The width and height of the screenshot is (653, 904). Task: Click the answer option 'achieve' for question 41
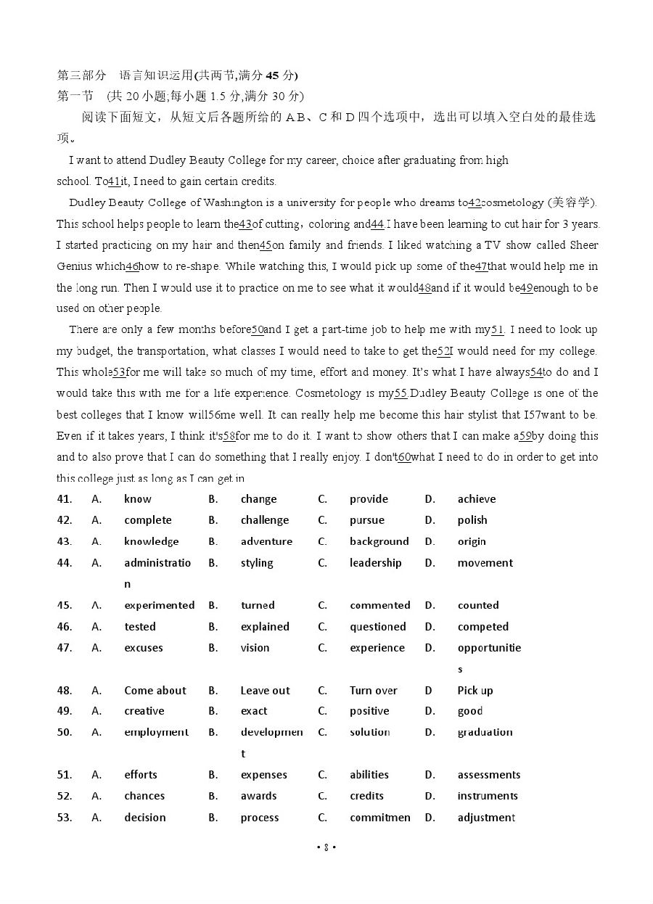[476, 499]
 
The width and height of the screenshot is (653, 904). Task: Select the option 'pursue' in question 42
[366, 520]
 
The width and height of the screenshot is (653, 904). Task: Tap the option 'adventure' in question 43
[266, 541]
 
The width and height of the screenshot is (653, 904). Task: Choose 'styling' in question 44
[257, 563]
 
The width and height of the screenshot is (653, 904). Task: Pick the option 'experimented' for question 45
[159, 605]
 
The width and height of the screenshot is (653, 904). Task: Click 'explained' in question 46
[265, 627]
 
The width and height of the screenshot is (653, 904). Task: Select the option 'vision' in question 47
[255, 648]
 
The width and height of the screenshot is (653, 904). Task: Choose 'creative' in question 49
[144, 711]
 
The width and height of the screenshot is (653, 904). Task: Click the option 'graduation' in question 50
[485, 732]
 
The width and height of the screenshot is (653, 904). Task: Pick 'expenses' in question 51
[263, 775]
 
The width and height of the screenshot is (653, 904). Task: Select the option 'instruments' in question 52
[487, 796]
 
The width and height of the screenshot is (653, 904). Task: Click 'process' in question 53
[259, 818]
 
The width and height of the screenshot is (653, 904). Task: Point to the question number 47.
[65, 648]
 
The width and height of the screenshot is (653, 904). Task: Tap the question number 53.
[65, 818]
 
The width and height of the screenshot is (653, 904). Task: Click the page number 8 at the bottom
[326, 847]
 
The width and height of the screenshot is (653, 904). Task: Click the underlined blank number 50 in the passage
[257, 329]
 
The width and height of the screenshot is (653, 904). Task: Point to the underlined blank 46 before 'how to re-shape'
[132, 266]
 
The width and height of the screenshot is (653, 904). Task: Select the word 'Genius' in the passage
[74, 266]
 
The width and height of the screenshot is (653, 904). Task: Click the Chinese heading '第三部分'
[81, 75]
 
